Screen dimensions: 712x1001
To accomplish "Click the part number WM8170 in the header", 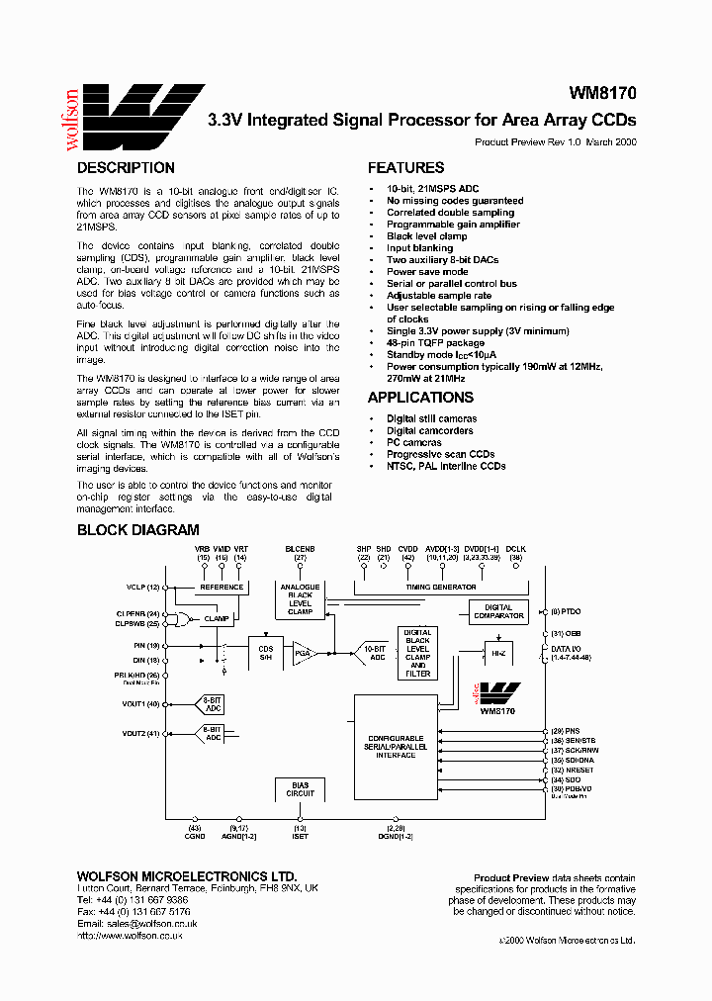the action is click(x=602, y=94).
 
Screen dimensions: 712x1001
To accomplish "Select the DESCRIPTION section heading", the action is click(x=126, y=168).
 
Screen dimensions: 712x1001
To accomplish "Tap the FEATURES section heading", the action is click(x=405, y=168).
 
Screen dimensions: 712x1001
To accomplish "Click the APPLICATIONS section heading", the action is click(x=420, y=398).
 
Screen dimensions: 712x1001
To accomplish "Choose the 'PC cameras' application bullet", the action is click(x=413, y=442).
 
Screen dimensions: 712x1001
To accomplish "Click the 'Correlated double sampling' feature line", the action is click(x=450, y=212).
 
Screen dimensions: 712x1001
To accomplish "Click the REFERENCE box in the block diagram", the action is click(x=222, y=587).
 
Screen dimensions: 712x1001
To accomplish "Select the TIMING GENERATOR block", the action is click(x=440, y=587).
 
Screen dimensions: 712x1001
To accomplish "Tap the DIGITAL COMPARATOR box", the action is click(x=497, y=611).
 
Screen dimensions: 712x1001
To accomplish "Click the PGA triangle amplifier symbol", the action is click(x=303, y=652).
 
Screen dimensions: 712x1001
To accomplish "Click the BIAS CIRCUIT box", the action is click(x=300, y=789).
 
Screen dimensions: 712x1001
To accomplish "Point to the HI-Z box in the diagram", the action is click(x=497, y=654).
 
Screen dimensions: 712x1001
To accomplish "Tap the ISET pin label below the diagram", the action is click(x=300, y=837).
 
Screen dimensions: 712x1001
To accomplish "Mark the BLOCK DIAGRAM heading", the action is click(x=138, y=530).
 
